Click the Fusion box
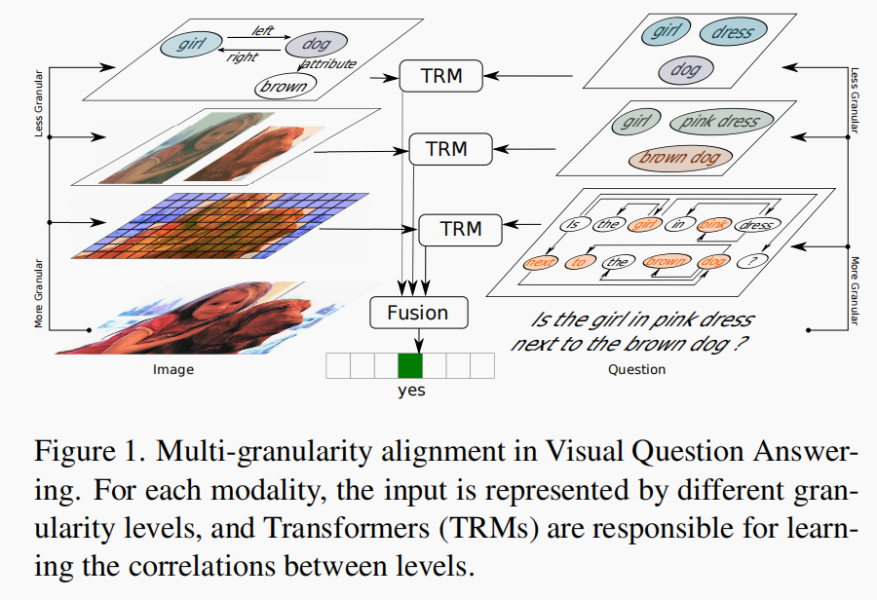click(x=418, y=313)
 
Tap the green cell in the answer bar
click(x=409, y=366)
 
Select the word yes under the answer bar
click(x=410, y=391)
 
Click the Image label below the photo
click(x=173, y=370)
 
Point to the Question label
click(x=636, y=370)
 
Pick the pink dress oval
click(x=720, y=122)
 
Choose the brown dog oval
click(x=678, y=157)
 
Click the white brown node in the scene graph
click(x=284, y=86)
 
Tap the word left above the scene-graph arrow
click(x=263, y=30)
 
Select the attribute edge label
click(x=331, y=64)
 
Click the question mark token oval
click(x=752, y=261)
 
